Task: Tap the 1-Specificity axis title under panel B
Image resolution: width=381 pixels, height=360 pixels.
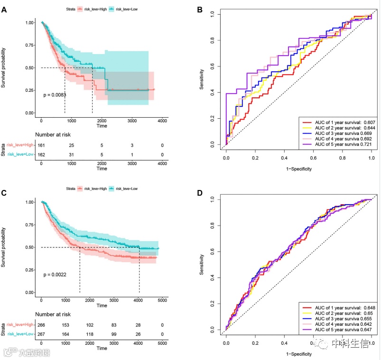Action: tap(298, 168)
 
